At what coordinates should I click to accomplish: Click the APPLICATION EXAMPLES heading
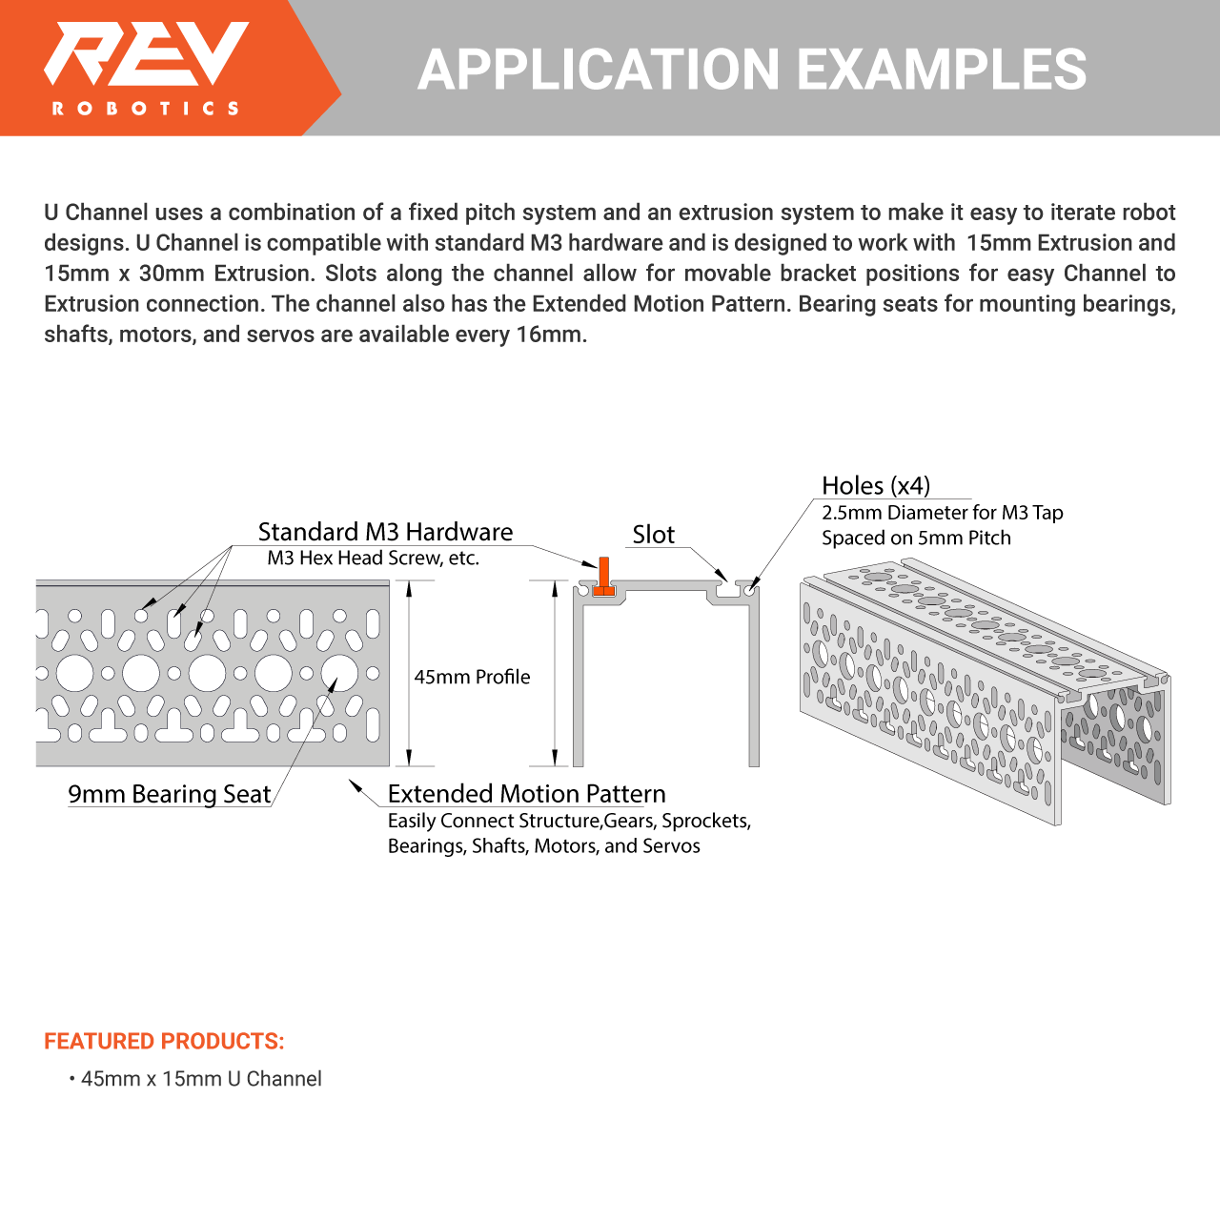click(x=751, y=70)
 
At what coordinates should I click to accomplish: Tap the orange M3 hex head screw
click(x=603, y=577)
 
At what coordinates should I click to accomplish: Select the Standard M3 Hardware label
click(x=385, y=532)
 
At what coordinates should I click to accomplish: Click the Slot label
click(x=653, y=535)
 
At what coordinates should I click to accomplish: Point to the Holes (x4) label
click(x=875, y=486)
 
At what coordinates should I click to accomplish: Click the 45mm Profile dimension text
click(x=472, y=677)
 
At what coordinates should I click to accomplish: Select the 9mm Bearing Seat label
click(x=169, y=794)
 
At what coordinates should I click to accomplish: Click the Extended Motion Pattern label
click(x=526, y=794)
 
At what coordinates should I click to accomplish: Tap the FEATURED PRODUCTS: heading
click(x=164, y=1041)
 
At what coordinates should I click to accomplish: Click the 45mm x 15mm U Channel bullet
click(x=201, y=1079)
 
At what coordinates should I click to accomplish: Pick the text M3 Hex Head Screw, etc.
click(x=373, y=559)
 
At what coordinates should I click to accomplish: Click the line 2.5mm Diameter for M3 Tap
click(x=942, y=513)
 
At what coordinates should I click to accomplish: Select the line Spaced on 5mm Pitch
click(x=916, y=538)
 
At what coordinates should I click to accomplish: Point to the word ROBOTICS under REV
click(x=146, y=109)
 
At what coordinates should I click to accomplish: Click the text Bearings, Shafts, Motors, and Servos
click(x=543, y=846)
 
